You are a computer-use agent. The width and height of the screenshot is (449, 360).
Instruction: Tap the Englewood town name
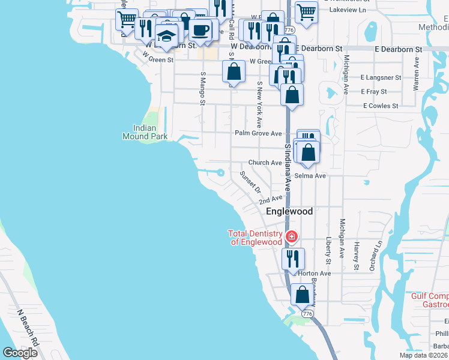289,212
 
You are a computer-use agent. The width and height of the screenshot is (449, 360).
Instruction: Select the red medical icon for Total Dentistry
292,236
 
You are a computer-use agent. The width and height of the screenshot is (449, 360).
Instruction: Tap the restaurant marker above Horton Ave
293,258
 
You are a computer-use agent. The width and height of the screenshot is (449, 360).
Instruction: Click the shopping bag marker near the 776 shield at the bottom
303,294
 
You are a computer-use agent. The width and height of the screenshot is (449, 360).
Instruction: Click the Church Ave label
265,163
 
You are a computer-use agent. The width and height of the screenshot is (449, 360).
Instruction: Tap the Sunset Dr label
249,181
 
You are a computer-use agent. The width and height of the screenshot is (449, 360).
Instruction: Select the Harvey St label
356,255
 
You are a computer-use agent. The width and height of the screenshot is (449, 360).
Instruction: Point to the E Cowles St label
381,106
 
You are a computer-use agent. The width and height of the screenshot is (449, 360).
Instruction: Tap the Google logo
20,353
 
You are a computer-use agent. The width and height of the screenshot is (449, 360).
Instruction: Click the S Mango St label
203,89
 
